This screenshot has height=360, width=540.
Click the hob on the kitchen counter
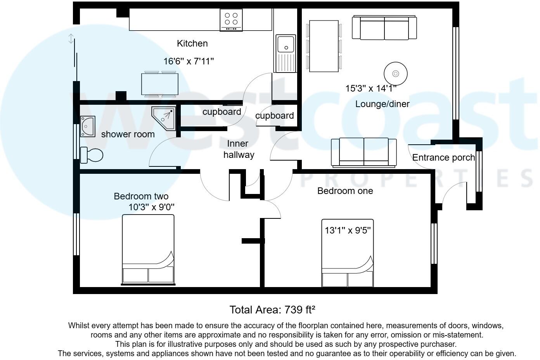[231, 20]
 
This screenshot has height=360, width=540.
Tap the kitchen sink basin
[286, 43]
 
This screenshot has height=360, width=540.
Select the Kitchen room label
[192, 43]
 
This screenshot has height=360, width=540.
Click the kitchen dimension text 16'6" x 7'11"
[189, 61]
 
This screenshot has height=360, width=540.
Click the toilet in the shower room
[92, 155]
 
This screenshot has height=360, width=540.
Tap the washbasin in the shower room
[88, 126]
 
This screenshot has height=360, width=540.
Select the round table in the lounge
[395, 73]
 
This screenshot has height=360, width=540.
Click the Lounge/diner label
[382, 104]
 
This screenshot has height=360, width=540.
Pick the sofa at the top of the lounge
[384, 28]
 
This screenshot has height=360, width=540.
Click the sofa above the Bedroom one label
[363, 152]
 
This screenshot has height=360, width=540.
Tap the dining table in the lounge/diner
[324, 46]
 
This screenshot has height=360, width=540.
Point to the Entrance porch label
[443, 157]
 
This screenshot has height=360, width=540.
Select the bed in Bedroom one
[347, 256]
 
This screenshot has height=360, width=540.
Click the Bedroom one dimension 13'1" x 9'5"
[348, 230]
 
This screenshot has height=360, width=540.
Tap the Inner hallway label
[238, 149]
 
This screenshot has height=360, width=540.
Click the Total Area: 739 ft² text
[272, 310]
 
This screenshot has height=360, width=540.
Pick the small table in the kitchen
[159, 84]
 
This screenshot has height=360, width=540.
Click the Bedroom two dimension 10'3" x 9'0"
[151, 207]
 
